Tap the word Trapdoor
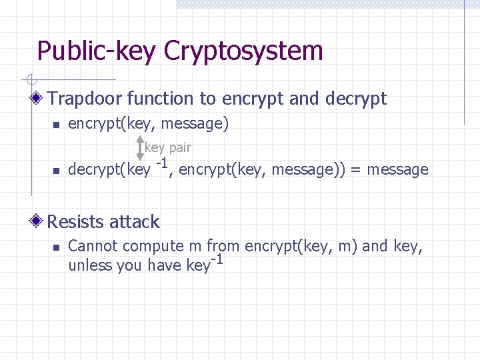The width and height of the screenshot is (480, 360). pos(85,99)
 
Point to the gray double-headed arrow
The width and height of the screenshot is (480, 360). pos(139,147)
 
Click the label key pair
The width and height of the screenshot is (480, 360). pos(168,147)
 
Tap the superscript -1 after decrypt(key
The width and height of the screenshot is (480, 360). pos(161,163)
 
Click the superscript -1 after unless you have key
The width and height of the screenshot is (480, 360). pos(216,259)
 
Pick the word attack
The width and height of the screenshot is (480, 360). pos(136,222)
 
